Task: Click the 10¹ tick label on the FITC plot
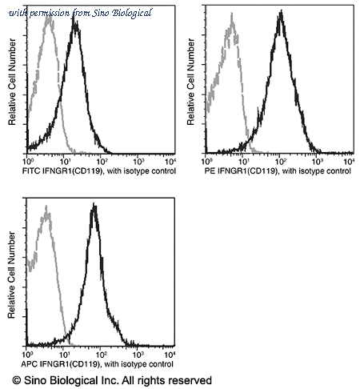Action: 65,161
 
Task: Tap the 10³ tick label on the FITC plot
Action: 138,161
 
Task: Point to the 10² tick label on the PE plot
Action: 281,161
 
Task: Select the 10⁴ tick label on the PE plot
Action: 350,161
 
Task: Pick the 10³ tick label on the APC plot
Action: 138,355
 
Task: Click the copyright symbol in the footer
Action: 17,380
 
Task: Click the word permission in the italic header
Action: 50,13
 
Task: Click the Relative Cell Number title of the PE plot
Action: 190,82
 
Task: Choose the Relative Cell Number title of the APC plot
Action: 11,275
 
